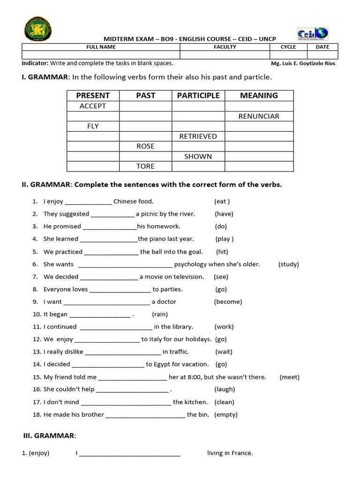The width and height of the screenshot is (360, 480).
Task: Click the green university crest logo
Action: pos(37,29)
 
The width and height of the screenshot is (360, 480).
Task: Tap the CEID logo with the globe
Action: pos(313,34)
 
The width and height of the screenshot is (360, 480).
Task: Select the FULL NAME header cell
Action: pos(101,47)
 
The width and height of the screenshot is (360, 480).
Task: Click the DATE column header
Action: pos(322,47)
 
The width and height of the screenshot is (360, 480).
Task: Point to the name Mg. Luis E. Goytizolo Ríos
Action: pos(303,63)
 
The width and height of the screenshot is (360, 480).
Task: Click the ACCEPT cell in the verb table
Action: pos(93,106)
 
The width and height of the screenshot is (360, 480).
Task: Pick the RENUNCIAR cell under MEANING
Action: pos(259,116)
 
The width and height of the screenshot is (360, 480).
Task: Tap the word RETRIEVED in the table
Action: pos(198,136)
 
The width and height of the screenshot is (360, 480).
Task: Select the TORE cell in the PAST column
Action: pos(145,166)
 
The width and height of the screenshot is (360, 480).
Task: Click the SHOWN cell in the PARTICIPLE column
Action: pos(198,156)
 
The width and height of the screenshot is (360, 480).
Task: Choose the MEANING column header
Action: pos(259,96)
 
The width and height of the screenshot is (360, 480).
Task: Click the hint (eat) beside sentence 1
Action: pos(222,202)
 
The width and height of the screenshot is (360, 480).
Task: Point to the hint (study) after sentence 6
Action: pos(288,264)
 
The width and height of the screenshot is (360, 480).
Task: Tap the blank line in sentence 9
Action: pos(106,302)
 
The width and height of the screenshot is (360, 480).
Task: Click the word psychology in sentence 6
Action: pos(190,264)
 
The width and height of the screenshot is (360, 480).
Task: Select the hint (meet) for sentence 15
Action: pos(289,377)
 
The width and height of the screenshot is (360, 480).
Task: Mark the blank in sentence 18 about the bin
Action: pos(145,415)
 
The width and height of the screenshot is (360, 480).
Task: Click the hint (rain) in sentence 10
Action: pos(160,315)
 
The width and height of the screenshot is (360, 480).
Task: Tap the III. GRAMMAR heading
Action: pos(50,436)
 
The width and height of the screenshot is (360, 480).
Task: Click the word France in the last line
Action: pos(242,453)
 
